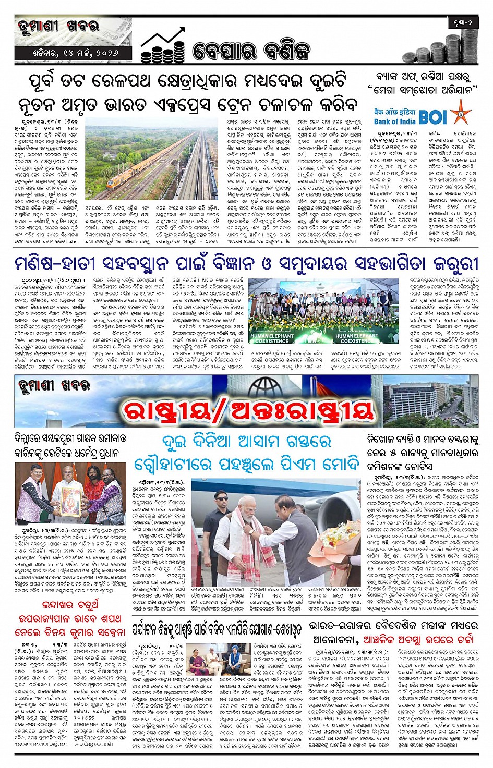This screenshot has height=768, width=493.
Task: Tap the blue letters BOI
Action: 433,117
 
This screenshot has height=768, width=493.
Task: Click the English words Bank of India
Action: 394,121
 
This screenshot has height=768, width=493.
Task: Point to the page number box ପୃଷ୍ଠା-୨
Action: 462,22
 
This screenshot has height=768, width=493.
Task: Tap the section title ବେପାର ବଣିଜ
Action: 250,51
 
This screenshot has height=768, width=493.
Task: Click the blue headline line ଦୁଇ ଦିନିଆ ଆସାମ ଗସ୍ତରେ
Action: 246,442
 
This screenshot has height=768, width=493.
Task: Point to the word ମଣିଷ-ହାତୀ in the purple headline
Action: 54,262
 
